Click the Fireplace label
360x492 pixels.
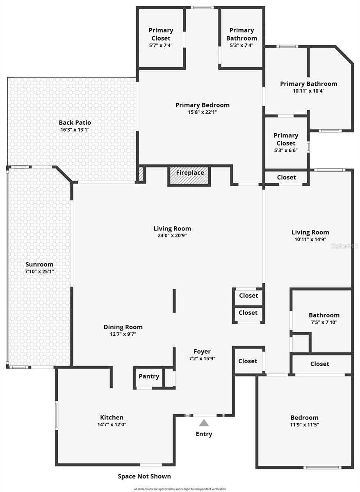point(190,173)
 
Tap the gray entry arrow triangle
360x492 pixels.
point(204,423)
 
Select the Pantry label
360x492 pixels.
point(149,376)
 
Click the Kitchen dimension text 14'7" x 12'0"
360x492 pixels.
point(112,425)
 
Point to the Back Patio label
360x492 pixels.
point(75,123)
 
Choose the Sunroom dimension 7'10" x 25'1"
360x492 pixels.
point(39,271)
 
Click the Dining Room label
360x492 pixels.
point(123,327)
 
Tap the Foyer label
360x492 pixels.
point(202,351)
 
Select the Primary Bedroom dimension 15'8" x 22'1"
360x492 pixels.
point(203,112)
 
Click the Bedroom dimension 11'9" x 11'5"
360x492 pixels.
point(304,425)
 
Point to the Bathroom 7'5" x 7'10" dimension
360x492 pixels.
point(324,322)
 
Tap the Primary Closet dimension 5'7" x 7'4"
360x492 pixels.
point(161,46)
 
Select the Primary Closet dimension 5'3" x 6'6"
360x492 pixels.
point(286,150)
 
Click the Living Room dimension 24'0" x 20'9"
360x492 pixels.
point(172,236)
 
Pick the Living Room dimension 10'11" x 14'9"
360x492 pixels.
point(310,239)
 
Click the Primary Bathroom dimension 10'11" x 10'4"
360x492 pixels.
point(309,91)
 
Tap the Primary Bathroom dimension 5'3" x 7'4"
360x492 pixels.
point(242,46)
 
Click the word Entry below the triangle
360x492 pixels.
point(204,434)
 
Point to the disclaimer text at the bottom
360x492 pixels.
point(180,489)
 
